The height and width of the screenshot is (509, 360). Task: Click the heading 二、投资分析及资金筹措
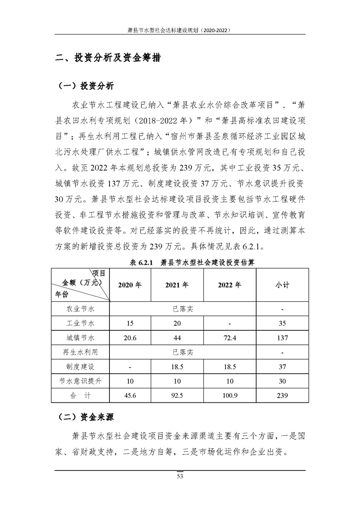(107, 59)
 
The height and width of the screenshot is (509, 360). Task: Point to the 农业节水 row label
(80, 309)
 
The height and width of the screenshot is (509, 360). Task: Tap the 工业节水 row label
(80, 323)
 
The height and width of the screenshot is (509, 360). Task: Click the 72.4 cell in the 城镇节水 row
(230, 338)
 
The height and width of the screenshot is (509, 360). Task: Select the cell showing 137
(282, 338)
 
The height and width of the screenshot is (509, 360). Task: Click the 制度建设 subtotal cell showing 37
(282, 367)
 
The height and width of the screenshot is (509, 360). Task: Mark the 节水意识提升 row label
(80, 381)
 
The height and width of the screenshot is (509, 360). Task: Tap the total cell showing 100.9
(230, 396)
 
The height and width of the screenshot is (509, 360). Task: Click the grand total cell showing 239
(282, 396)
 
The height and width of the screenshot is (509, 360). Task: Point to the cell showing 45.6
(129, 396)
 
